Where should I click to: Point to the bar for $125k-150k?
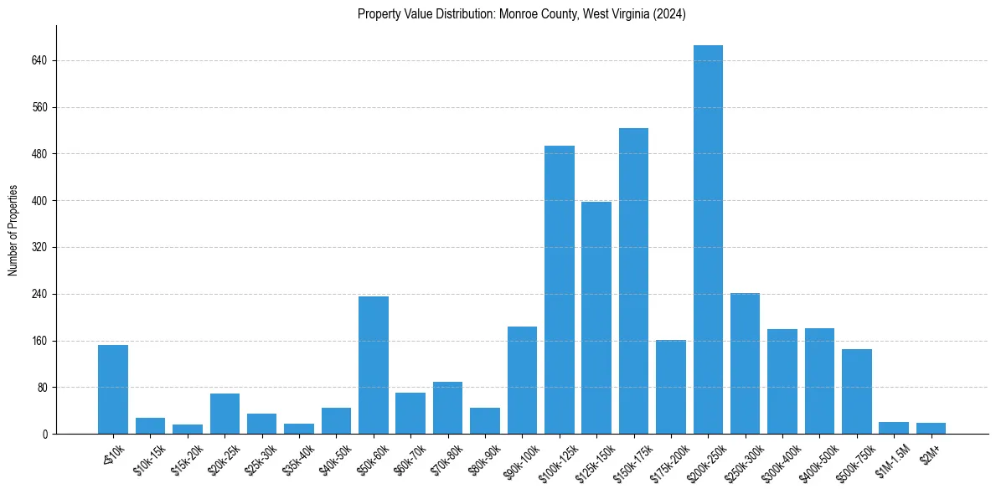coord(596,318)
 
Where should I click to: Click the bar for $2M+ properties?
coord(931,429)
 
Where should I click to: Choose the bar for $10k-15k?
coord(150,426)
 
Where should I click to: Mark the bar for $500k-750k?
coord(857,392)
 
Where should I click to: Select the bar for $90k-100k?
coord(522,380)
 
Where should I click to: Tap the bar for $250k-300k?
coord(745,363)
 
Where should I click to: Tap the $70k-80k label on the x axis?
coord(446,460)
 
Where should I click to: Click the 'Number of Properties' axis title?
coord(13,229)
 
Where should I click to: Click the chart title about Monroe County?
coord(521,14)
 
